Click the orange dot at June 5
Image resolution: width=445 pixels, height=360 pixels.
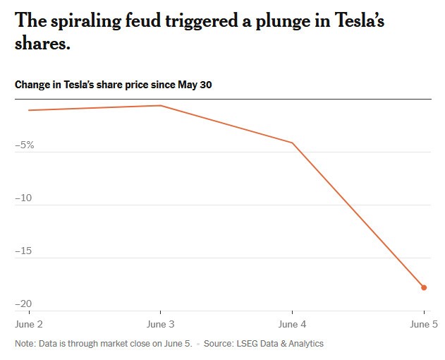click(x=424, y=287)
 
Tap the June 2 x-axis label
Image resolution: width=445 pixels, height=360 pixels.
click(x=29, y=324)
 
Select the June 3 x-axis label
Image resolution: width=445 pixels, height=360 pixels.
click(x=161, y=324)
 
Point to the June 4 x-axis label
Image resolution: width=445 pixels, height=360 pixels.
click(x=293, y=324)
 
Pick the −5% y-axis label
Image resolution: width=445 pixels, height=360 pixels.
click(x=25, y=145)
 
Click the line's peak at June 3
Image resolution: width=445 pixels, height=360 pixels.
click(x=161, y=106)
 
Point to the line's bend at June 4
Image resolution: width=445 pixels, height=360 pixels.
click(x=293, y=143)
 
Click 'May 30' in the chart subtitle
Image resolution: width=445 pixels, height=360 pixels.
click(x=195, y=85)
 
